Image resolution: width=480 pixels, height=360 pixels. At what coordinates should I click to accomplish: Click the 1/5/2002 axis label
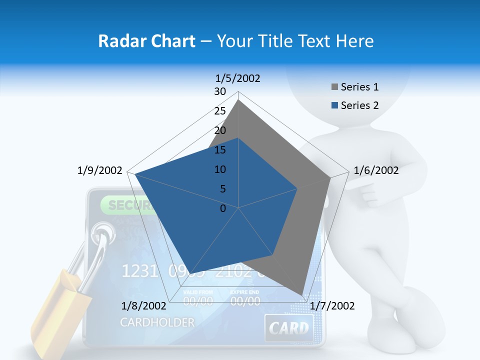pyautogui.click(x=238, y=78)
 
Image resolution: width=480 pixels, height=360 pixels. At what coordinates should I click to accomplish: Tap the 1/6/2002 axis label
pyautogui.click(x=376, y=170)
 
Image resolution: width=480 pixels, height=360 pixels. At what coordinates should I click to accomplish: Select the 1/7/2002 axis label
pyautogui.click(x=332, y=306)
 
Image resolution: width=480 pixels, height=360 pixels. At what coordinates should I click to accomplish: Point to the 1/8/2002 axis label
pyautogui.click(x=143, y=306)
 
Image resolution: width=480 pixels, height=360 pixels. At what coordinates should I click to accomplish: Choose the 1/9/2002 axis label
pyautogui.click(x=99, y=170)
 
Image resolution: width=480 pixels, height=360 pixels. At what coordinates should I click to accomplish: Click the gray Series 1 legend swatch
pyautogui.click(x=334, y=87)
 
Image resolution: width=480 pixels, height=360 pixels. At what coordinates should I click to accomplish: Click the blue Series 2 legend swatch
pyautogui.click(x=334, y=105)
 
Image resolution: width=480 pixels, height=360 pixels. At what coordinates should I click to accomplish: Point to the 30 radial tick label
pyautogui.click(x=220, y=91)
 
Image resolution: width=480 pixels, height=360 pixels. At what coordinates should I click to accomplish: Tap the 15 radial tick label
pyautogui.click(x=220, y=150)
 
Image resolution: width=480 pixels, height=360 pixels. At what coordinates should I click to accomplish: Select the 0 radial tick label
pyautogui.click(x=223, y=208)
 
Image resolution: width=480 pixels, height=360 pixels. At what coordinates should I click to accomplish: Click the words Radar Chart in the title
pyautogui.click(x=146, y=41)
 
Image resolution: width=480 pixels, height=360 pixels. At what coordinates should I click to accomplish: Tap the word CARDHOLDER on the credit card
pyautogui.click(x=157, y=322)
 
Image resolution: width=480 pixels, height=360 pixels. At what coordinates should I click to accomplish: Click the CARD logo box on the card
pyautogui.click(x=289, y=328)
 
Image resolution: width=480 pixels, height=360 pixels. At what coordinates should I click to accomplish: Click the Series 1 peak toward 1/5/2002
pyautogui.click(x=238, y=100)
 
